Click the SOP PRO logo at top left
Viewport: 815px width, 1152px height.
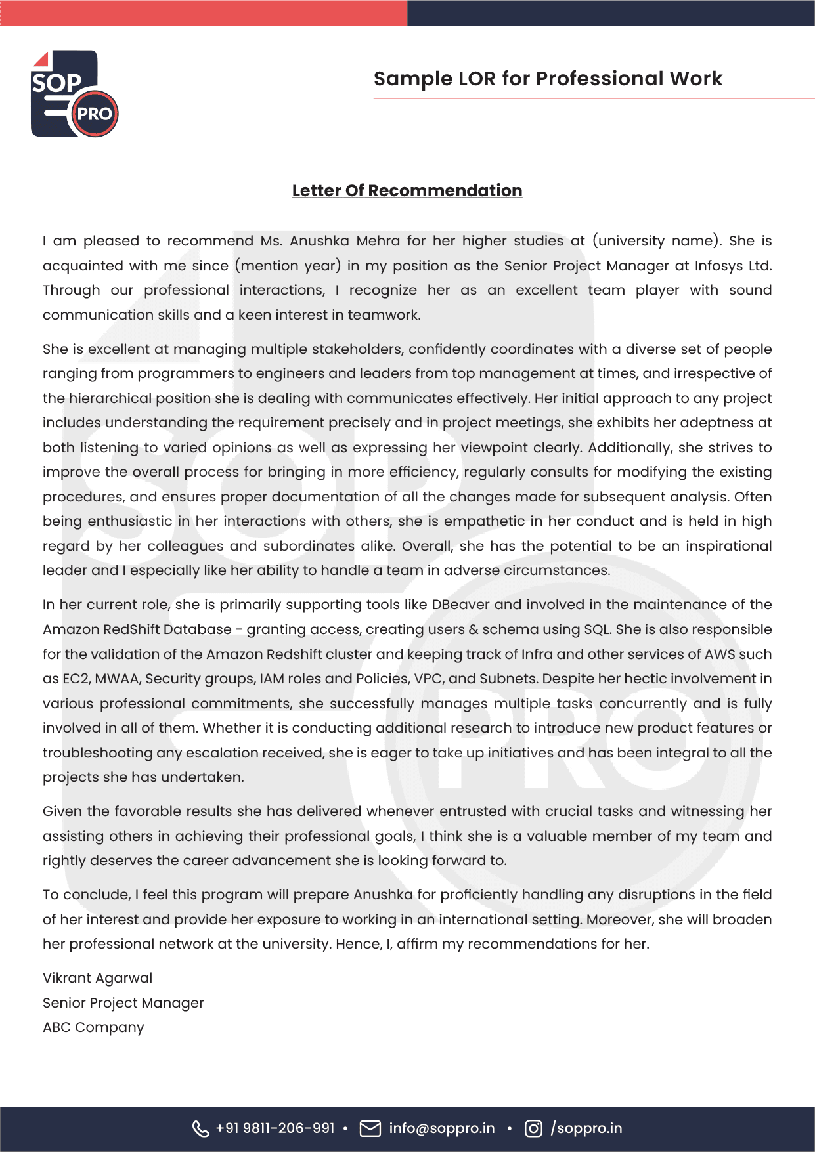point(74,94)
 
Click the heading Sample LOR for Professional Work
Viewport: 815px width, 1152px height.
point(548,79)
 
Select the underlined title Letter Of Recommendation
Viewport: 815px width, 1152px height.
point(407,190)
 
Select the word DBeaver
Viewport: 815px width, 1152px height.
point(460,605)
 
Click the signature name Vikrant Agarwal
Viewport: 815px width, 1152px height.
point(97,978)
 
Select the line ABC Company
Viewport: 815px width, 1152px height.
point(93,1027)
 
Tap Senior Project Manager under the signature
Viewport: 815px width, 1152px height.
point(123,1003)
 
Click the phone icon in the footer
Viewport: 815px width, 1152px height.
point(200,1128)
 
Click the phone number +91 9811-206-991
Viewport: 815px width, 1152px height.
point(275,1128)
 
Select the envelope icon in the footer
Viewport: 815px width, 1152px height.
point(370,1128)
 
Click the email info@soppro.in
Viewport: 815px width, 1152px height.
point(441,1128)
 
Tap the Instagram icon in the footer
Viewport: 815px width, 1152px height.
point(533,1128)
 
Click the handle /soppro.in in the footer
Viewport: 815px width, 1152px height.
point(586,1128)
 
